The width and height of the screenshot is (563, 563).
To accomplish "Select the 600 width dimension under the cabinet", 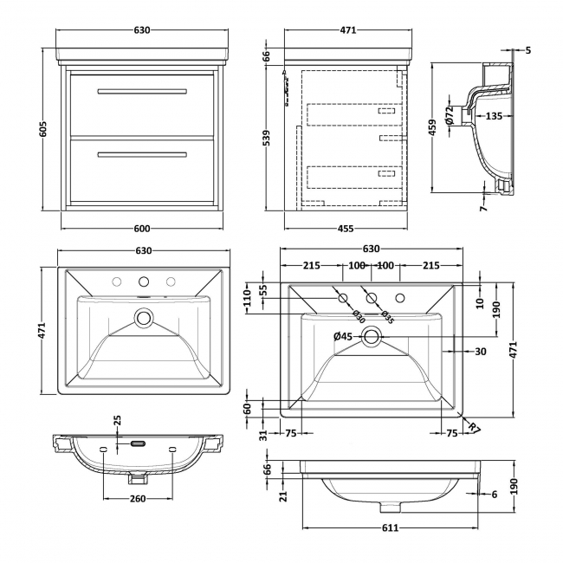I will click(143, 229).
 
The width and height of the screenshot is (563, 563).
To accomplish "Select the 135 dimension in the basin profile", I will click(495, 115).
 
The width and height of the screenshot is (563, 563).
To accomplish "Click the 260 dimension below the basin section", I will click(138, 500).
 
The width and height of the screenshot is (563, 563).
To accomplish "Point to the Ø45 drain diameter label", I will click(342, 336).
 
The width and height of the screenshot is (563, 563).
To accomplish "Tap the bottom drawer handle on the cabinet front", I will click(142, 155).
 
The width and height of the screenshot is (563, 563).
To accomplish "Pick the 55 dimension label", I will click(263, 291).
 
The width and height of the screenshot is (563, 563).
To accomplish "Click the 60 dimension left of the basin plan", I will click(247, 406).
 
